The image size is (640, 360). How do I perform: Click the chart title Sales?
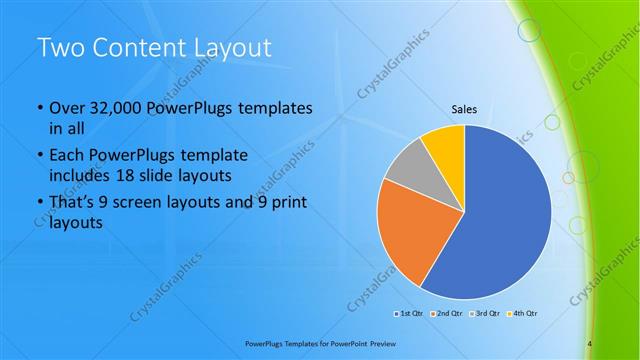(464, 109)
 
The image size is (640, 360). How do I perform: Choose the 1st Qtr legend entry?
(411, 314)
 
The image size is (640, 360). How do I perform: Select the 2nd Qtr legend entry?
(447, 314)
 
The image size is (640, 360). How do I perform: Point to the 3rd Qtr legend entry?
(484, 314)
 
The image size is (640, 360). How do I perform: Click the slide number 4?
(590, 344)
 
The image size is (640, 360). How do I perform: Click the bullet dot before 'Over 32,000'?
(39, 108)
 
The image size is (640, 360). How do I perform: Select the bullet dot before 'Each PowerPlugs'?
(39, 156)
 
